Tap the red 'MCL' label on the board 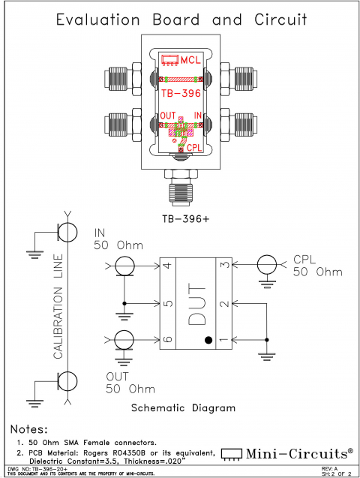[188, 59]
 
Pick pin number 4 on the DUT [167, 266]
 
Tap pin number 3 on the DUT [223, 266]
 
